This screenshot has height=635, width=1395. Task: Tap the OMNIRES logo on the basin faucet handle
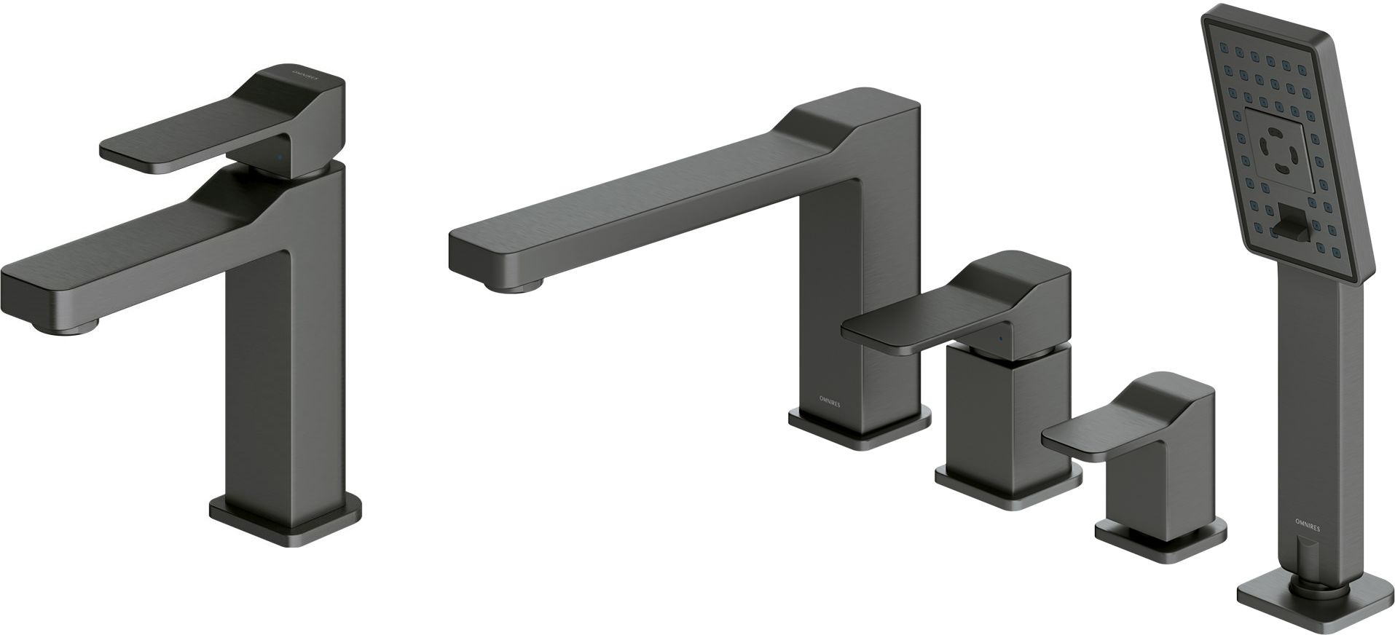[x=305, y=76]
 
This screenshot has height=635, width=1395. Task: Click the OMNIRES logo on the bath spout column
[x=825, y=398]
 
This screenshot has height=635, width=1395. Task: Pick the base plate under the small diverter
[x=1161, y=539]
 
